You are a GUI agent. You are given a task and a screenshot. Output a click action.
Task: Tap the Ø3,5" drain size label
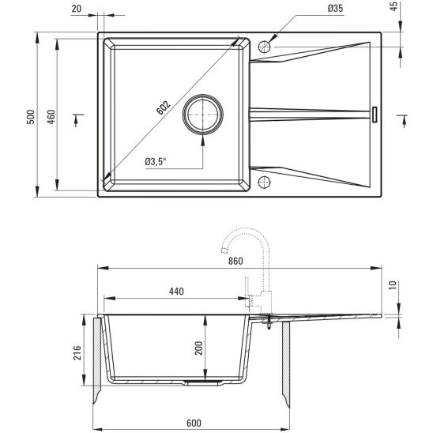pyautogui.click(x=159, y=161)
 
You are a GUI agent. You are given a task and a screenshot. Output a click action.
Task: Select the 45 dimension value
pyautogui.click(x=416, y=9)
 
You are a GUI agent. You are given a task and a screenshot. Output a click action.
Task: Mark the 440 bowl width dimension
pyautogui.click(x=175, y=292)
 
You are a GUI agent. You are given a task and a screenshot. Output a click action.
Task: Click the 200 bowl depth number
pyautogui.click(x=200, y=346)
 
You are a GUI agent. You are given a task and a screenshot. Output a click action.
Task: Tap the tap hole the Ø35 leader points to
pyautogui.click(x=265, y=46)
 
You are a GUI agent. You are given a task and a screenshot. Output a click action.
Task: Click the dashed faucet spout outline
pyautogui.click(x=245, y=236)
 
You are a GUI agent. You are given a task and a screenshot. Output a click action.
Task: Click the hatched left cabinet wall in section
pyautogui.click(x=98, y=356)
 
